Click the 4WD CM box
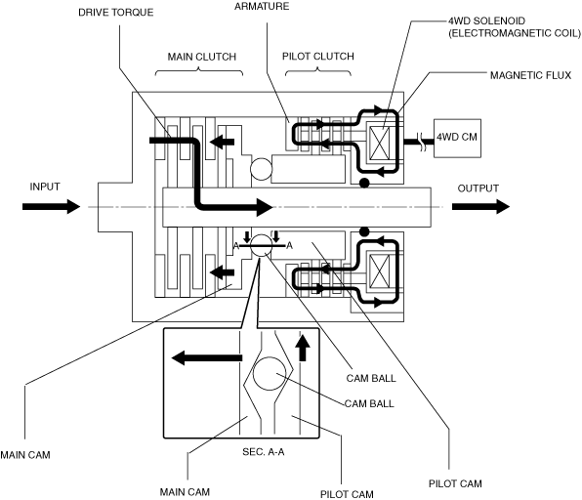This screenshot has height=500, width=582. pos(457,138)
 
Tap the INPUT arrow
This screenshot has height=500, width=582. pos(51,206)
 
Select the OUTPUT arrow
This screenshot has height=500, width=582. pos(480,206)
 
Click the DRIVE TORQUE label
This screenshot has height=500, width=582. pos(116,13)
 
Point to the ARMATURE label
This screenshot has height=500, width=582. pos(262,6)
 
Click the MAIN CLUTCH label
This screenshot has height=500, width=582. pos(202,57)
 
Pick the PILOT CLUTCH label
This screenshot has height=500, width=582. pos(318,57)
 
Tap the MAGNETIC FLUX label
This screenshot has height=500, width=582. pos(530,75)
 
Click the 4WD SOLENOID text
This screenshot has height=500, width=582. pos(486,21)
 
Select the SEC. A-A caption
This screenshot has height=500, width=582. pos(263,452)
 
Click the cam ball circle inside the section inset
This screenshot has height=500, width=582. pos(270,373)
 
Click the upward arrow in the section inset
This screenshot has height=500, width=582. pos(303,348)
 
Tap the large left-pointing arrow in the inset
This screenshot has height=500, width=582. pos(207,357)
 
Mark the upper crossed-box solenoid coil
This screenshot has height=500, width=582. pos(380,143)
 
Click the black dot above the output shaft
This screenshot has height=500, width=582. pos(364,183)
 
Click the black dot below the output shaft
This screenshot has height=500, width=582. pos(364,232)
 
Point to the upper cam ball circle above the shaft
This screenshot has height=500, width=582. pos(262,169)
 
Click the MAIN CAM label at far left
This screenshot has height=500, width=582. pos(25,455)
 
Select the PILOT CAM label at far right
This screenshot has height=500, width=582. pos(455,483)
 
